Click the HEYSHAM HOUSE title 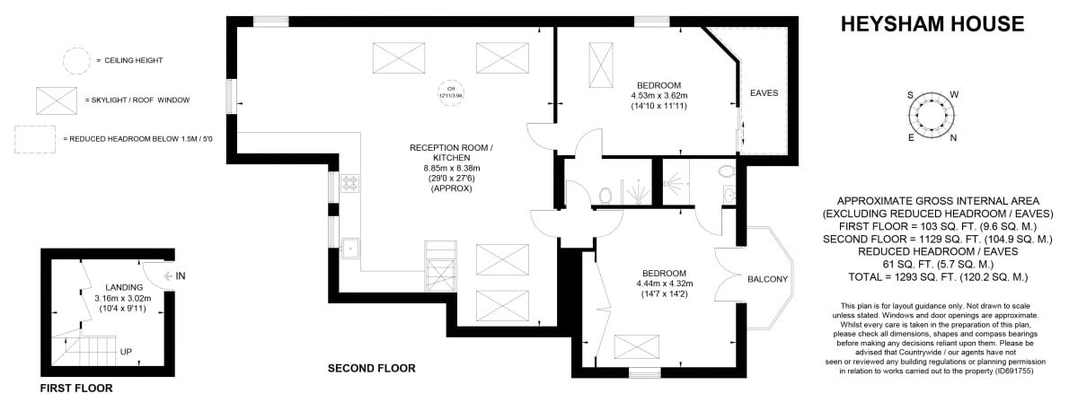[x=932, y=23]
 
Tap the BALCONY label [x=767, y=280]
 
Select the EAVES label [x=764, y=92]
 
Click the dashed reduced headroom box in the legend [x=38, y=139]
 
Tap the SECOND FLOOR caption [x=371, y=368]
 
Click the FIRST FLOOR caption [x=76, y=389]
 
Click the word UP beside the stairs [x=126, y=351]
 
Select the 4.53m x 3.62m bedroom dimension [x=658, y=95]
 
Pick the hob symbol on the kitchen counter [x=349, y=184]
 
